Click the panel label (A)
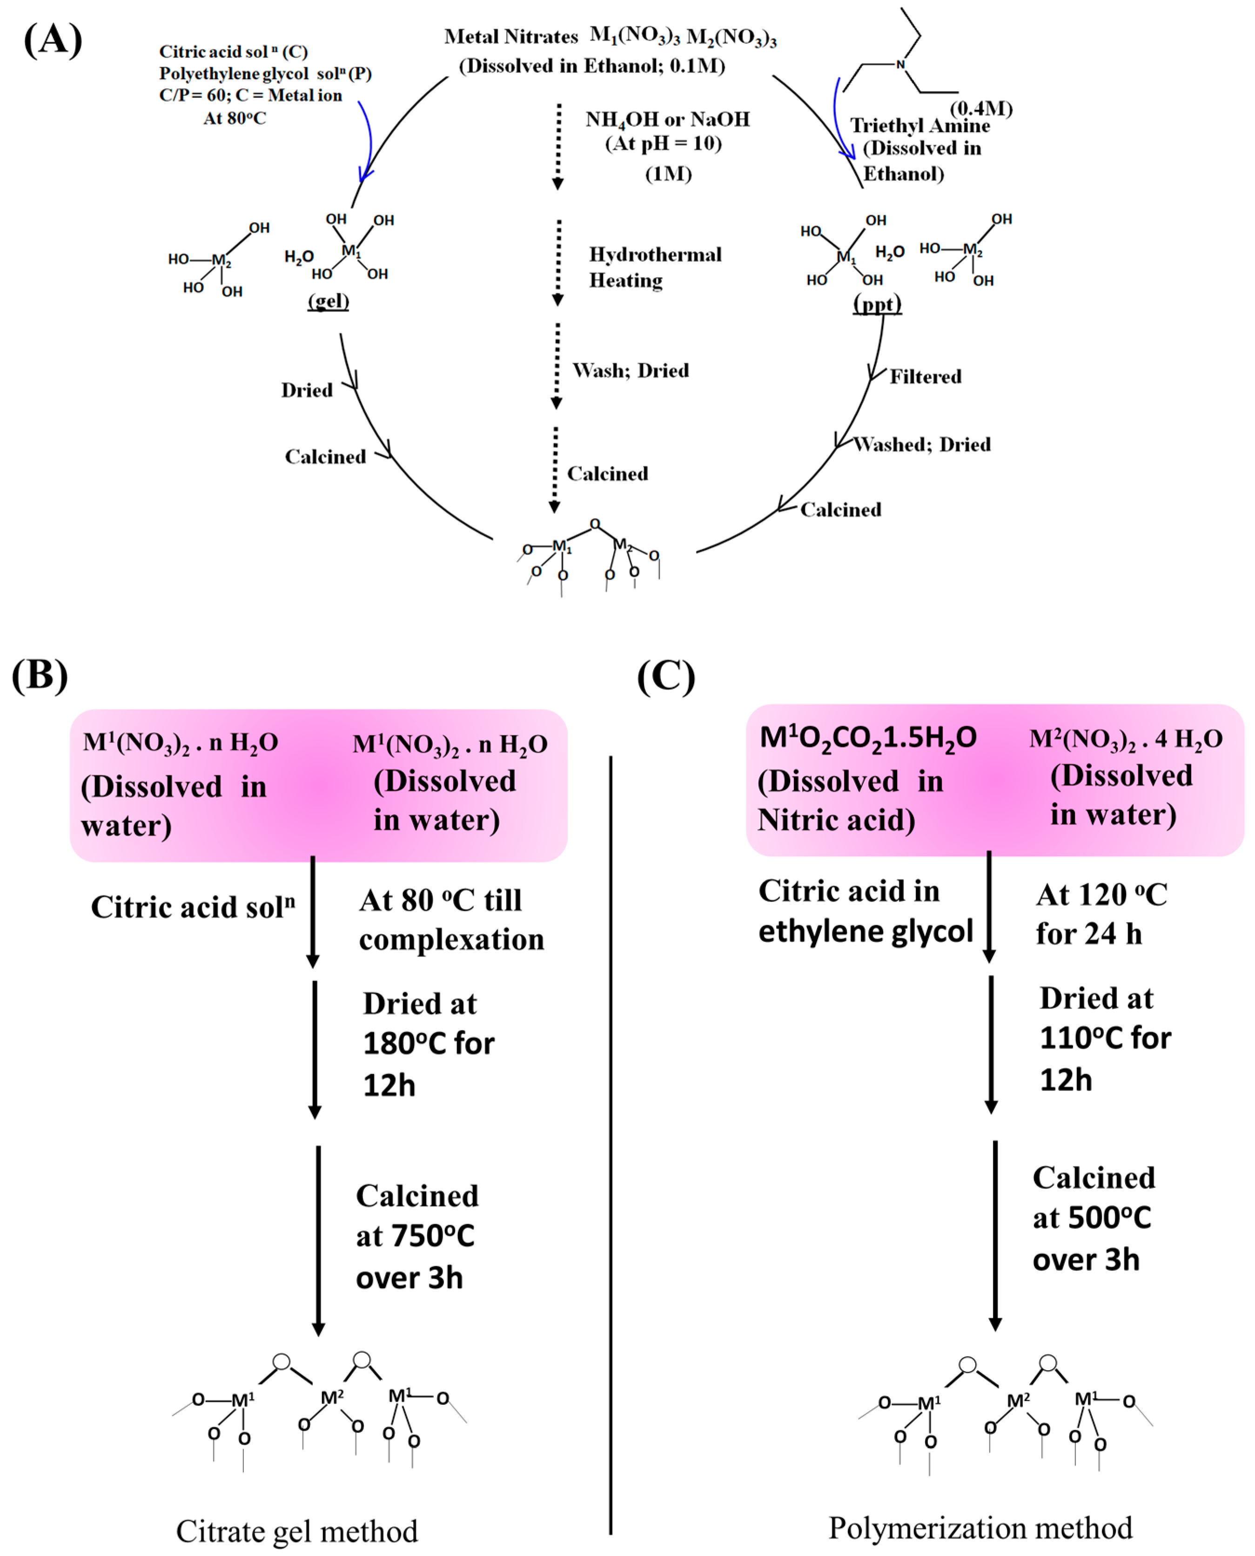[53, 39]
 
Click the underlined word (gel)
[328, 300]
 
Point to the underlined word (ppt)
[877, 303]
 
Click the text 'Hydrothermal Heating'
[654, 267]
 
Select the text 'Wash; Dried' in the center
[631, 370]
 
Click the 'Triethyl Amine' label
[919, 126]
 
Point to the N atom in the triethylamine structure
[900, 64]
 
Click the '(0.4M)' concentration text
[980, 108]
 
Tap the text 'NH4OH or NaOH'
[667, 119]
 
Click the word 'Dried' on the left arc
[307, 391]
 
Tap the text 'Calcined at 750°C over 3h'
[416, 1236]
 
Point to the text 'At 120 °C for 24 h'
[1101, 914]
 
